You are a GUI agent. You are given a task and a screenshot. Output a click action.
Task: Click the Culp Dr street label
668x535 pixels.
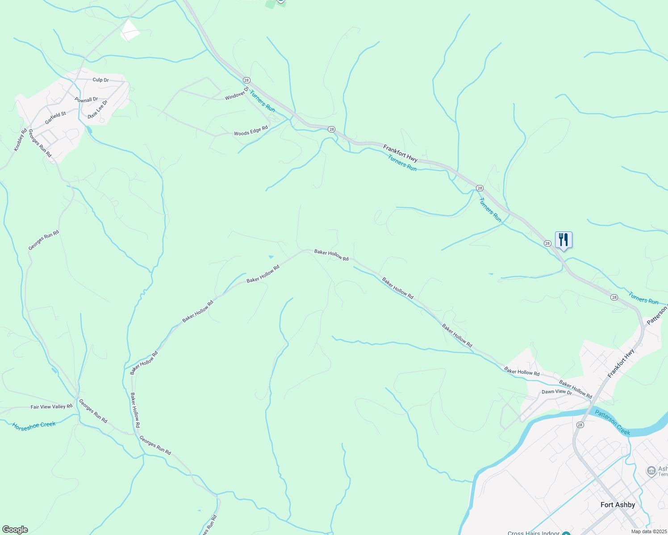[x=100, y=80]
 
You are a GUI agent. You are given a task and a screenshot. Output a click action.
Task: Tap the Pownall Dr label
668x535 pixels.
[x=86, y=100]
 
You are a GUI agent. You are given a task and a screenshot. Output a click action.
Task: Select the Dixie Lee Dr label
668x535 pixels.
[x=98, y=109]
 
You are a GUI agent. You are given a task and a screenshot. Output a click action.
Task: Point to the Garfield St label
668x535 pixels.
[x=55, y=118]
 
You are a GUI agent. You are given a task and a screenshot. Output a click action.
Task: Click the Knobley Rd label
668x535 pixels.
[x=21, y=140]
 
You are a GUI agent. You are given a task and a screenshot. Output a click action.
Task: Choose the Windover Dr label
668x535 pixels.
[x=236, y=94]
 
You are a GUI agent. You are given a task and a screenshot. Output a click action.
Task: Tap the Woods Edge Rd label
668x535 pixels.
[x=251, y=131]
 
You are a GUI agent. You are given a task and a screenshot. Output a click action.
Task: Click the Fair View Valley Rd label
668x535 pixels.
[x=51, y=407]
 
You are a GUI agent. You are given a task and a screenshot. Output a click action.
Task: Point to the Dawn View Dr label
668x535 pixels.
[x=556, y=392]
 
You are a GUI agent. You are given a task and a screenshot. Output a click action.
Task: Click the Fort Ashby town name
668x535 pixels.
[x=618, y=505]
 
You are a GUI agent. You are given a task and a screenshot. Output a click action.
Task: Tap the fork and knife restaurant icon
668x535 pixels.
[x=564, y=240]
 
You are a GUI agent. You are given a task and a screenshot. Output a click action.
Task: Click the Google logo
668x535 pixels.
[x=15, y=530]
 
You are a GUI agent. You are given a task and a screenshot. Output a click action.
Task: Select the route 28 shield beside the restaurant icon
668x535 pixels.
[x=547, y=243]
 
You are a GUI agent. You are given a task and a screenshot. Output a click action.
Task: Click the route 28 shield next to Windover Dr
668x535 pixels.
[x=246, y=80]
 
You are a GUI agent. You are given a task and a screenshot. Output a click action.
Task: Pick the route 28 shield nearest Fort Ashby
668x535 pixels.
[x=580, y=425]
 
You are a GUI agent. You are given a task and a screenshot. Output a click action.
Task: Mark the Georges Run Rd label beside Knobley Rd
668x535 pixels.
[x=40, y=143]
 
